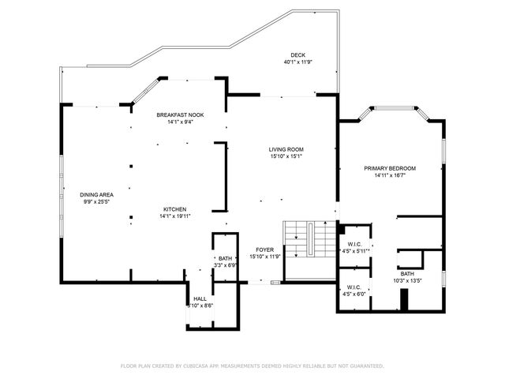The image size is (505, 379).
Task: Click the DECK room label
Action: [297, 55]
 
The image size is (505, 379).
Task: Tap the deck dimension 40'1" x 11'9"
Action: [297, 62]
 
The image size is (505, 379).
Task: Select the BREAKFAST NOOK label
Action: [180, 115]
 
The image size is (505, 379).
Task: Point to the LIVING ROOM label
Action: [286, 149]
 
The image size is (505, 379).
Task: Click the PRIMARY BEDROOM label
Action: [390, 168]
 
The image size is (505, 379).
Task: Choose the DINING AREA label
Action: [96, 194]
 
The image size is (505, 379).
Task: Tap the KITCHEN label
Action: [174, 209]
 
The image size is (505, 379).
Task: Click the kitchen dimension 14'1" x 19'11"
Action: [174, 216]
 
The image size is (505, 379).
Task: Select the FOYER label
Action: [264, 250]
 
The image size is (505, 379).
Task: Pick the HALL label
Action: [200, 298]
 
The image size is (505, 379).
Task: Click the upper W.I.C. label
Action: [353, 244]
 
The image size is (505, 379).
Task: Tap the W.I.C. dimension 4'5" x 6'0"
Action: [353, 294]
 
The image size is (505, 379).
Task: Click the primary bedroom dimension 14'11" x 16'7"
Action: [390, 175]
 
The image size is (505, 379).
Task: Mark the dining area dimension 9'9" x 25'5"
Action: [96, 201]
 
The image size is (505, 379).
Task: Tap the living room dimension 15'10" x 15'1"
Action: [286, 156]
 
